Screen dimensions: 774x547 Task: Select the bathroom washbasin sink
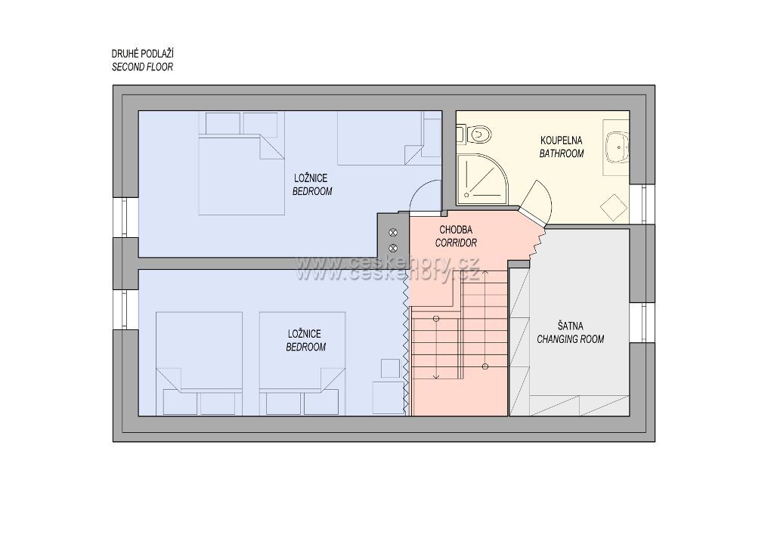(617, 147)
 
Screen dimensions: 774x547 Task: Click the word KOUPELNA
(562, 141)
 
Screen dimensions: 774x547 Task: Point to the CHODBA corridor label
(456, 230)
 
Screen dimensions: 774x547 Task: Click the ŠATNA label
(570, 326)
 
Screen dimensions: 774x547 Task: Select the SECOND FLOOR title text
(143, 67)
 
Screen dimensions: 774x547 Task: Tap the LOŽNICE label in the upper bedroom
(311, 178)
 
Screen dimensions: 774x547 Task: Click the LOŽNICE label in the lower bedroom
(305, 334)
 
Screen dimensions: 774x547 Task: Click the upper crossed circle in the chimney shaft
(393, 232)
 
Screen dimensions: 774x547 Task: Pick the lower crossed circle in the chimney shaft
(393, 248)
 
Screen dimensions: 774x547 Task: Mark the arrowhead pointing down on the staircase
(436, 377)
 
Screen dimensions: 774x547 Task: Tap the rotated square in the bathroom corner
(613, 207)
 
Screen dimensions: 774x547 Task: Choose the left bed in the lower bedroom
(199, 363)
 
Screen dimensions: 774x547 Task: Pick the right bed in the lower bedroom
(302, 363)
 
